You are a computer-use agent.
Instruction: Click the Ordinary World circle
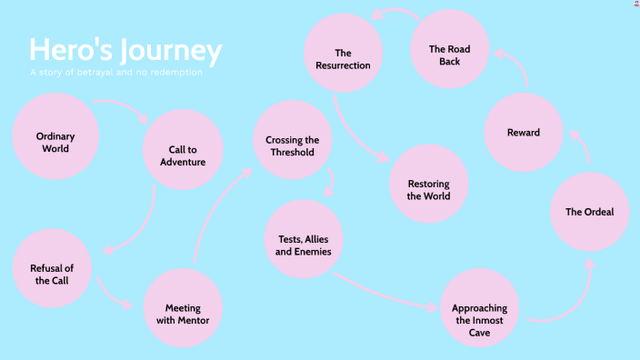[x=55, y=141]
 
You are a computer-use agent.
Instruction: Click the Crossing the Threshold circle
[x=292, y=140]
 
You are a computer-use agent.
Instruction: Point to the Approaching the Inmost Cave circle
[x=479, y=307]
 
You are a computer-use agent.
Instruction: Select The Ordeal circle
[x=589, y=212]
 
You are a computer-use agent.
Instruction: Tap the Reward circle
[x=523, y=133]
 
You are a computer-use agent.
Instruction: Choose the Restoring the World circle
[x=427, y=184]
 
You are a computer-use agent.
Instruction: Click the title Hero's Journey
[x=125, y=50]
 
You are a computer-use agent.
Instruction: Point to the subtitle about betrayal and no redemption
[x=115, y=72]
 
